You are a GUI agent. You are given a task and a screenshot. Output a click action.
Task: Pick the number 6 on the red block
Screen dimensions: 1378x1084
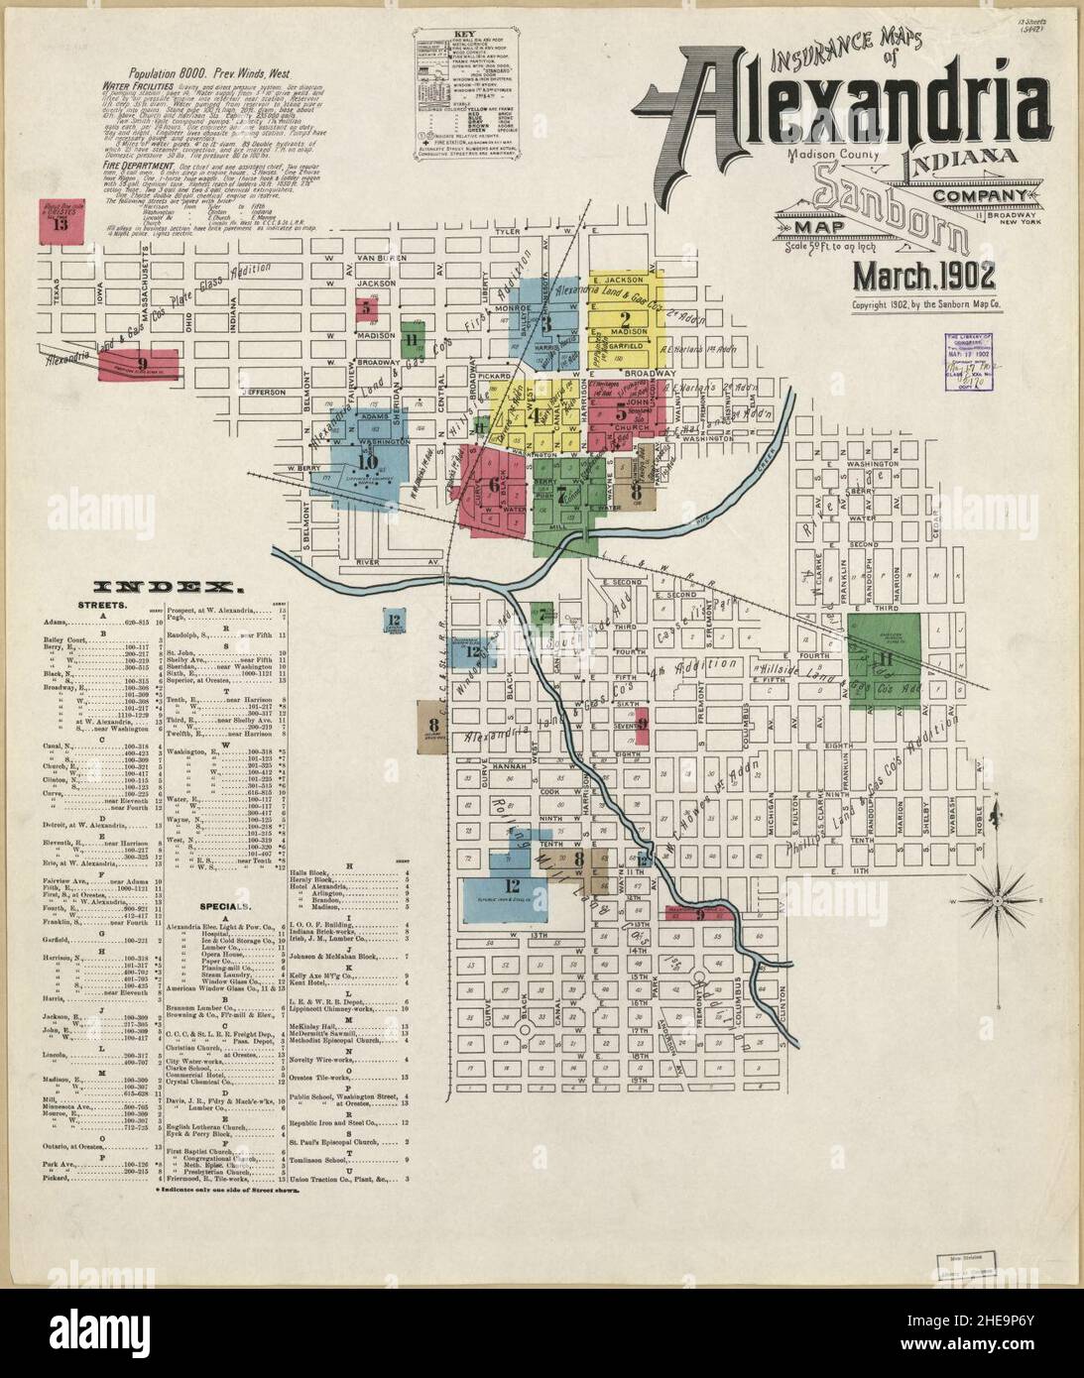(x=493, y=485)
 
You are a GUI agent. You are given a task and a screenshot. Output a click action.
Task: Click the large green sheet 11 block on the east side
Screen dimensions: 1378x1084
(x=885, y=659)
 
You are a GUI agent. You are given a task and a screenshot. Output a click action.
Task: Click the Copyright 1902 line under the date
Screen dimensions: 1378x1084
(x=926, y=305)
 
